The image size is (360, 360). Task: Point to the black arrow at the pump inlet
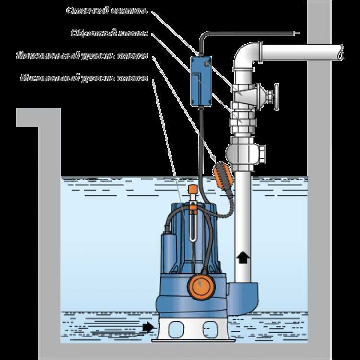point(148,327)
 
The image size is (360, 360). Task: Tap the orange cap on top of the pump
point(193,189)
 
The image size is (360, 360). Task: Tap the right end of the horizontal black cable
point(299,33)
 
